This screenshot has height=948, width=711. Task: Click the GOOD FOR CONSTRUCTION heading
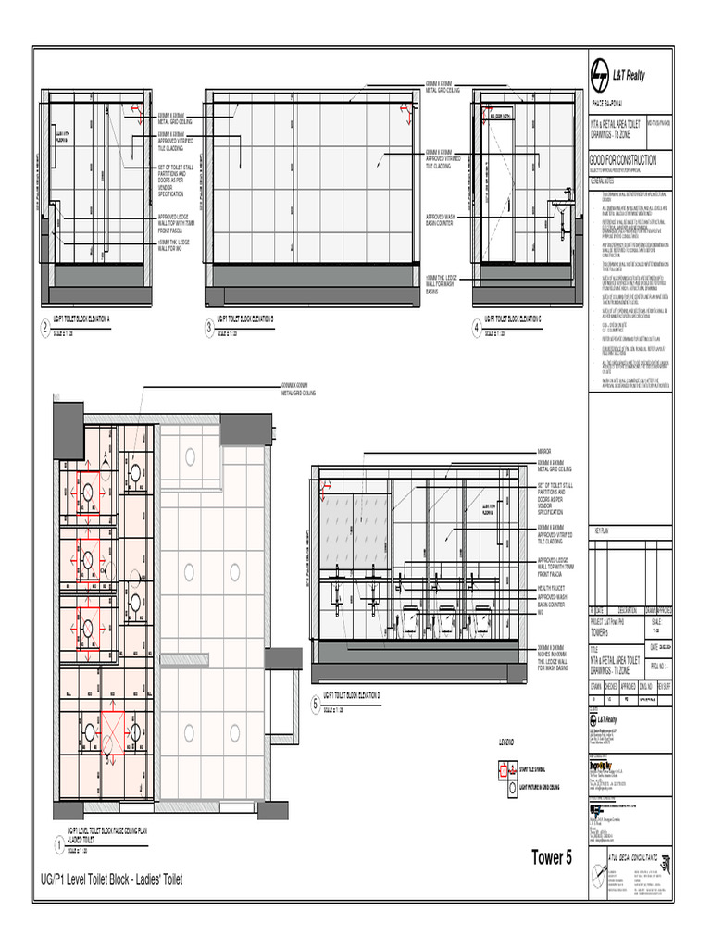[623, 160]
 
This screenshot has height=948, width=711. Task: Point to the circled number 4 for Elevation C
[477, 329]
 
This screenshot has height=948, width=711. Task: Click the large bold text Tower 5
[552, 858]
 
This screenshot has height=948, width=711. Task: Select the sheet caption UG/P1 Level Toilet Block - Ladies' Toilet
[111, 879]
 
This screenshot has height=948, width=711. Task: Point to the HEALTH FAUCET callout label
[552, 588]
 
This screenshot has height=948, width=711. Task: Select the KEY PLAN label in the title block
[602, 530]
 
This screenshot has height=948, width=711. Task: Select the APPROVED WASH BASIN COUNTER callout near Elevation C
[439, 218]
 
